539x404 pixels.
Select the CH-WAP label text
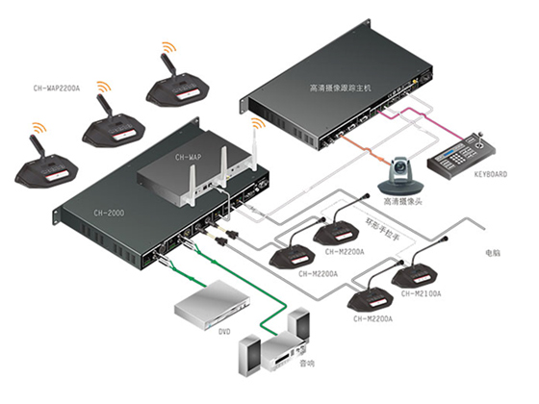(x=189, y=156)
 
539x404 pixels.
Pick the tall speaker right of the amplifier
(x=301, y=333)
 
